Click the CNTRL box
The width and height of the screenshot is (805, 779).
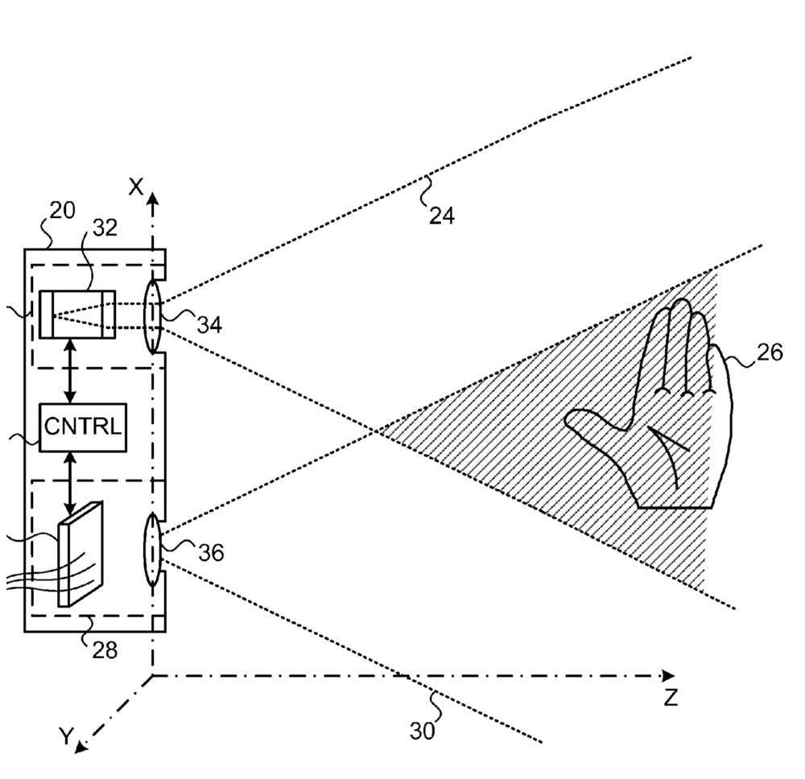83,426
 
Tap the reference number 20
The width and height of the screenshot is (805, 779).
62,212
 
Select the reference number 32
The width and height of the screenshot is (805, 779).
105,228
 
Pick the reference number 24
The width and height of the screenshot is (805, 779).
442,216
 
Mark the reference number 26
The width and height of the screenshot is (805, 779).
770,353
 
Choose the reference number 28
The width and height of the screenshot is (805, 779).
104,648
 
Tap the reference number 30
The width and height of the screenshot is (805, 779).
422,731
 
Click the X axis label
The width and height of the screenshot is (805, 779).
137,187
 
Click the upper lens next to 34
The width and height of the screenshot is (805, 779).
153,316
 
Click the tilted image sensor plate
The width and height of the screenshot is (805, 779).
80,554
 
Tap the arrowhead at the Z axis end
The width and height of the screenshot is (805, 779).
667,675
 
